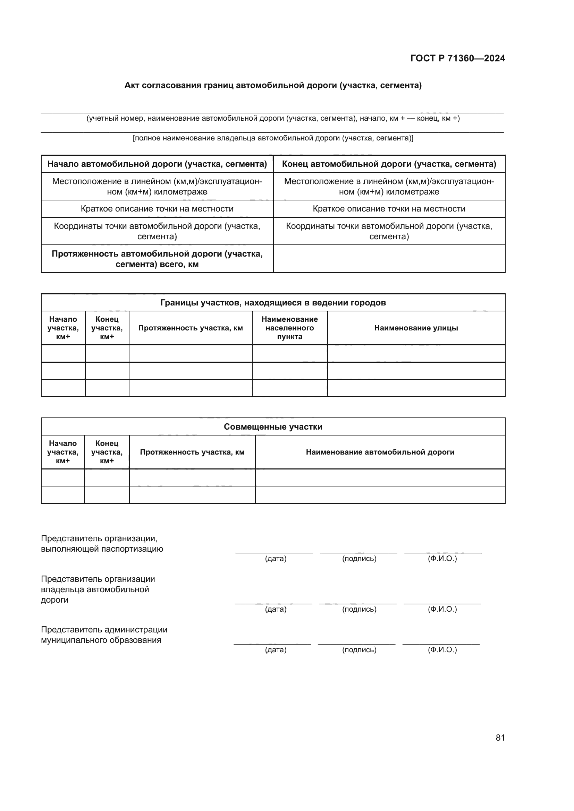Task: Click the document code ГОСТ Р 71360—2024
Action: pyautogui.click(x=457, y=58)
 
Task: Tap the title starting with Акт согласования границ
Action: pyautogui.click(x=273, y=86)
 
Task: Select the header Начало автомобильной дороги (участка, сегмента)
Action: pyautogui.click(x=157, y=164)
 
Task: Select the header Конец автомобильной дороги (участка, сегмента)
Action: pyautogui.click(x=389, y=164)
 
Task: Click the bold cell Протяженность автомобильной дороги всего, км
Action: pyautogui.click(x=157, y=259)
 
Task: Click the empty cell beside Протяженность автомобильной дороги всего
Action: pyautogui.click(x=389, y=259)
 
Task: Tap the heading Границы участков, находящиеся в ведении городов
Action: pyautogui.click(x=273, y=303)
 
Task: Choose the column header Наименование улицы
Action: pyautogui.click(x=416, y=328)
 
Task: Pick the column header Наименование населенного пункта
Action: pyautogui.click(x=289, y=328)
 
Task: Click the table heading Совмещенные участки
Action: pyautogui.click(x=273, y=427)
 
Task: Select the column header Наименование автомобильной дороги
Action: pyautogui.click(x=380, y=452)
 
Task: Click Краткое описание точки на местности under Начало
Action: pyautogui.click(x=157, y=209)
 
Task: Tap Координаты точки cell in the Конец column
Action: pyautogui.click(x=389, y=231)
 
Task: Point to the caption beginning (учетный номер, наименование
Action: pyautogui.click(x=273, y=118)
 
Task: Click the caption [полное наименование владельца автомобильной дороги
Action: pyautogui.click(x=273, y=138)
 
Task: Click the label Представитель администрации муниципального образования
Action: pyautogui.click(x=104, y=635)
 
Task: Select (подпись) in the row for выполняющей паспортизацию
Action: pyautogui.click(x=359, y=559)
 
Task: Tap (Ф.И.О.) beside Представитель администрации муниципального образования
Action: pyautogui.click(x=442, y=649)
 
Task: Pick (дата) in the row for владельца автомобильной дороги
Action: pyautogui.click(x=276, y=609)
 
